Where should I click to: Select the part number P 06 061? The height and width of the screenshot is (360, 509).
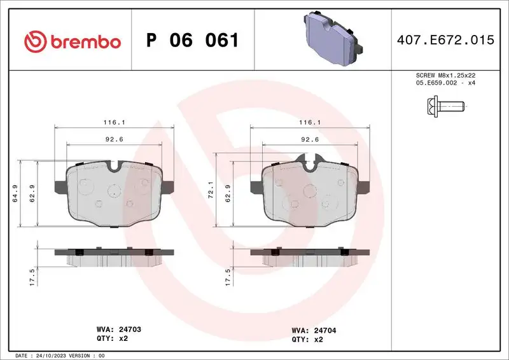[193, 41]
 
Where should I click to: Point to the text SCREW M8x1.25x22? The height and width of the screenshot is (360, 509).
[445, 75]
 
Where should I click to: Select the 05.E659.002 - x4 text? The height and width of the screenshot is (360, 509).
[445, 83]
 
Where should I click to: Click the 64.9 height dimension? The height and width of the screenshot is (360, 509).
[24, 193]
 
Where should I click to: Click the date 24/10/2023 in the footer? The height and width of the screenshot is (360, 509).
[54, 355]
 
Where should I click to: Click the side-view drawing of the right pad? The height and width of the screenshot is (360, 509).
[310, 257]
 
